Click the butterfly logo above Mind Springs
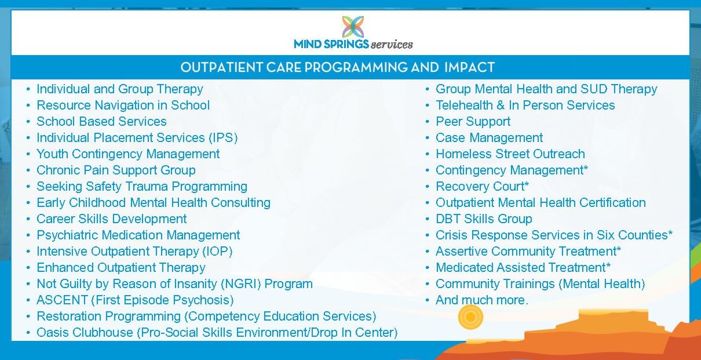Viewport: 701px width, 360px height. point(353,27)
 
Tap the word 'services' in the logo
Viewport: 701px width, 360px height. point(392,45)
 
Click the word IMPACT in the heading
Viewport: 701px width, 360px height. point(469,67)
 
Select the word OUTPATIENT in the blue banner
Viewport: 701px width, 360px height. point(221,67)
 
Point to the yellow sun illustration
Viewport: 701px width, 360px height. point(470,317)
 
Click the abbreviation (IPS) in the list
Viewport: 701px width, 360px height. point(224,138)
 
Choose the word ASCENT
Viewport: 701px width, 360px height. point(62,300)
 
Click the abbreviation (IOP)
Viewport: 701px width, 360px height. point(217,252)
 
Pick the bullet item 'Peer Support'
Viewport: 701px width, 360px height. point(473,122)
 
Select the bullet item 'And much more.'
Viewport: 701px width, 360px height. point(482,300)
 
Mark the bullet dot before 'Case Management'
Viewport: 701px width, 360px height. point(428,138)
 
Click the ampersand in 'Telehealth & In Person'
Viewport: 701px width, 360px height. point(501,105)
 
